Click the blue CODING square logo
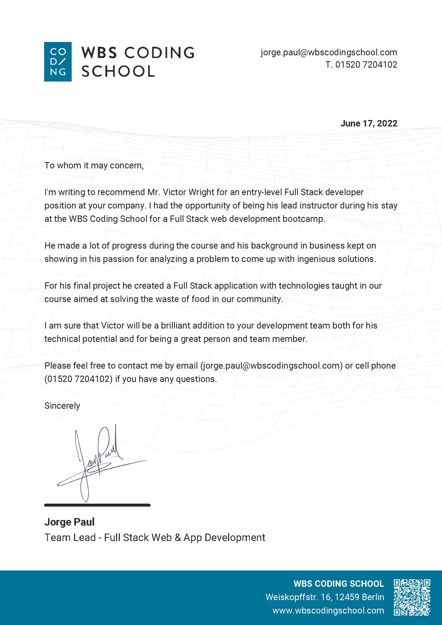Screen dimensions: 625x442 (58, 61)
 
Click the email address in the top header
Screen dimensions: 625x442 (329, 52)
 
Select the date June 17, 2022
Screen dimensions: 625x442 (369, 124)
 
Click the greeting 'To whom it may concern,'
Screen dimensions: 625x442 (94, 165)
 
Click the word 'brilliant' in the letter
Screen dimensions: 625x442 (178, 326)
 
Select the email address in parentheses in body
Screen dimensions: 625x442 (271, 366)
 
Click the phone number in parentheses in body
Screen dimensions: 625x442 (78, 379)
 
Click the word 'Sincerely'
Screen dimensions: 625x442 (62, 406)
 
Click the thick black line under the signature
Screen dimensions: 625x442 (97, 505)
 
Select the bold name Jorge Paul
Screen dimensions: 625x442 (70, 522)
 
